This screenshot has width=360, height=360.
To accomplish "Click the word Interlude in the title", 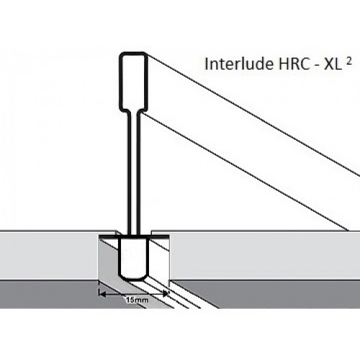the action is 238,64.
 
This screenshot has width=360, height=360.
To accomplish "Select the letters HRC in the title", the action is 293,64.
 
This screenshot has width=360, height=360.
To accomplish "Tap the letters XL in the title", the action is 333,64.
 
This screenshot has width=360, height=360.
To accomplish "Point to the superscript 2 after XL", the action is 348,62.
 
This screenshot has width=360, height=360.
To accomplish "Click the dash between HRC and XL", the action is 316,66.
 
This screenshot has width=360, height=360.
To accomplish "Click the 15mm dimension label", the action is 137,300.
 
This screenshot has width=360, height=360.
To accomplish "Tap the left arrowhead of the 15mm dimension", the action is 102,293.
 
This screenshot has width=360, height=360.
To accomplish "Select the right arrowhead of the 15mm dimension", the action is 166,293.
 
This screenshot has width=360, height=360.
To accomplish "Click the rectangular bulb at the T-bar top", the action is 133,81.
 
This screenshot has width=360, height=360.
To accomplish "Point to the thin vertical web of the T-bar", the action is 133,173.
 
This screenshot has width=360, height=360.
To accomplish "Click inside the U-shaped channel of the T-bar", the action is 132,258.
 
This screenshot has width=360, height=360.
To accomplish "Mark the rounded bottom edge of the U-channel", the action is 132,280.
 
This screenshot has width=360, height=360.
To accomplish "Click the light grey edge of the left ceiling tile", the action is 49,255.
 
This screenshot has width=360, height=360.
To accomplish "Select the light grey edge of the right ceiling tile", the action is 265,255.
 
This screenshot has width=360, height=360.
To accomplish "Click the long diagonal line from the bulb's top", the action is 253,115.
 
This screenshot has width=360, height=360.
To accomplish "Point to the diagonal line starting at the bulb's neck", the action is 245,172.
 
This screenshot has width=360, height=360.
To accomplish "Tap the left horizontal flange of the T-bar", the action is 109,237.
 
